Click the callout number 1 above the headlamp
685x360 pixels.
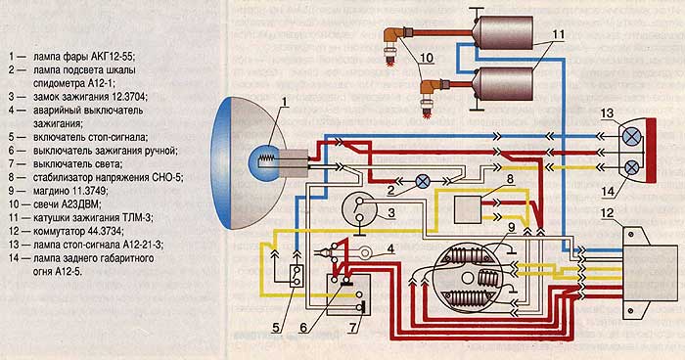285,103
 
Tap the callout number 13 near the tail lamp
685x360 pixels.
607,113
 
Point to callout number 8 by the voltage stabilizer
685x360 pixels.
510,178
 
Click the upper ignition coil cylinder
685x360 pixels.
503,32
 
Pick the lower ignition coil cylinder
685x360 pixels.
503,84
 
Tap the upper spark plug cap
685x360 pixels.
395,37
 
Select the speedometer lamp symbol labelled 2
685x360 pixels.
423,181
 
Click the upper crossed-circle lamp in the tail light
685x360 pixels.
631,137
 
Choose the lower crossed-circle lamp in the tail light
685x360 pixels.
631,167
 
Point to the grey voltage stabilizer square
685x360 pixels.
468,209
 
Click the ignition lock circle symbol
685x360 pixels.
359,208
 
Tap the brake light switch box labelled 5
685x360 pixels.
297,276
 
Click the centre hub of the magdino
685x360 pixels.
468,278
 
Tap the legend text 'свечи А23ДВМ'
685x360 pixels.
67,204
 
